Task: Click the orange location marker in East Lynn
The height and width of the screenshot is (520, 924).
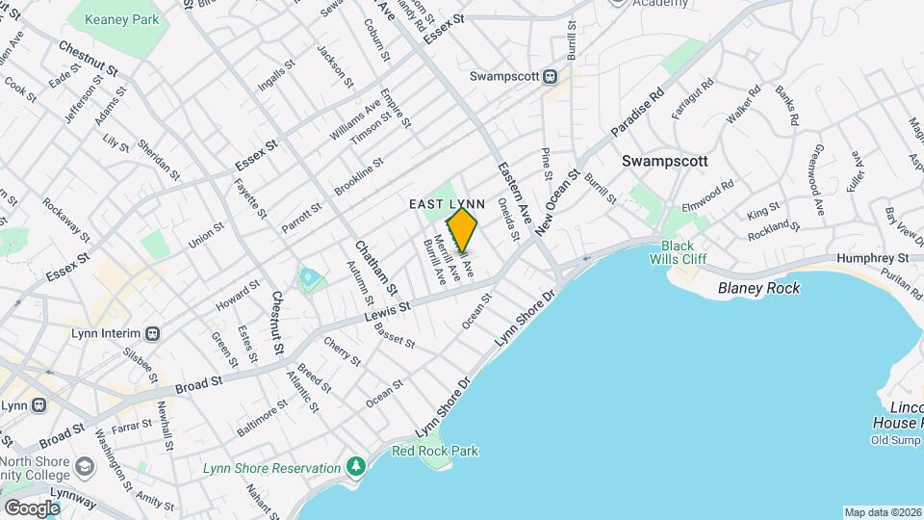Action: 463,229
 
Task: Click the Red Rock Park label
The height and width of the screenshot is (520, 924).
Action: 435,451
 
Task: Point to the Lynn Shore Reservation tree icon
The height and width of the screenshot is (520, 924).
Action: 357,467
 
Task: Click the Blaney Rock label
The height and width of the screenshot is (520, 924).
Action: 759,287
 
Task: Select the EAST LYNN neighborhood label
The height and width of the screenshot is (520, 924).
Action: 447,203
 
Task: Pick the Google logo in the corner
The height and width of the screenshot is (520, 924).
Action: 32,507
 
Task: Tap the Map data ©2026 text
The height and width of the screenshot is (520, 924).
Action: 882,512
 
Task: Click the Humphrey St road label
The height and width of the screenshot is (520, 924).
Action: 873,258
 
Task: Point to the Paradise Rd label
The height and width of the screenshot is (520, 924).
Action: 637,114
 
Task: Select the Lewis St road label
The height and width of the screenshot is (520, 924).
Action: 388,312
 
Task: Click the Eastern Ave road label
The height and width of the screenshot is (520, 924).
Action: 515,194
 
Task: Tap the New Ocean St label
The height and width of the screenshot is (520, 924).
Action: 559,200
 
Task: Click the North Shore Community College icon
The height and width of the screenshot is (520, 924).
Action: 84,466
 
